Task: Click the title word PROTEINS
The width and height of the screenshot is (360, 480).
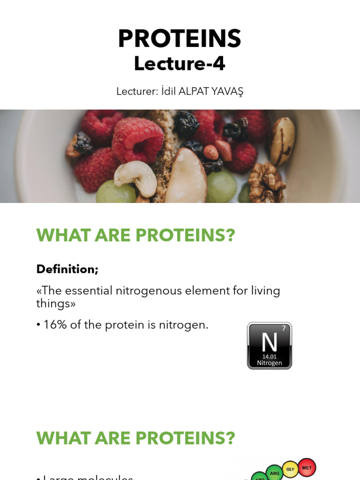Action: [180, 39]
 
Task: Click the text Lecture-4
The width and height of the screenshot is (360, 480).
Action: [180, 64]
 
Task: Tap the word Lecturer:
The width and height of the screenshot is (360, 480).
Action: [136, 92]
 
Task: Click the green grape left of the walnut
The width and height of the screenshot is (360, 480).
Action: [221, 186]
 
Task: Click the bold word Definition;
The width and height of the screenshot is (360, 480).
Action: [67, 269]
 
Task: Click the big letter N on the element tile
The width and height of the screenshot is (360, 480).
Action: [270, 342]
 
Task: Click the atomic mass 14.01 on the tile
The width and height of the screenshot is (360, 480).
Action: [270, 356]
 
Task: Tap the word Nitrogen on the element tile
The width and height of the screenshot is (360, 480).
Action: [270, 363]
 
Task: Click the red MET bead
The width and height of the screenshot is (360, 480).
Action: [307, 467]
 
